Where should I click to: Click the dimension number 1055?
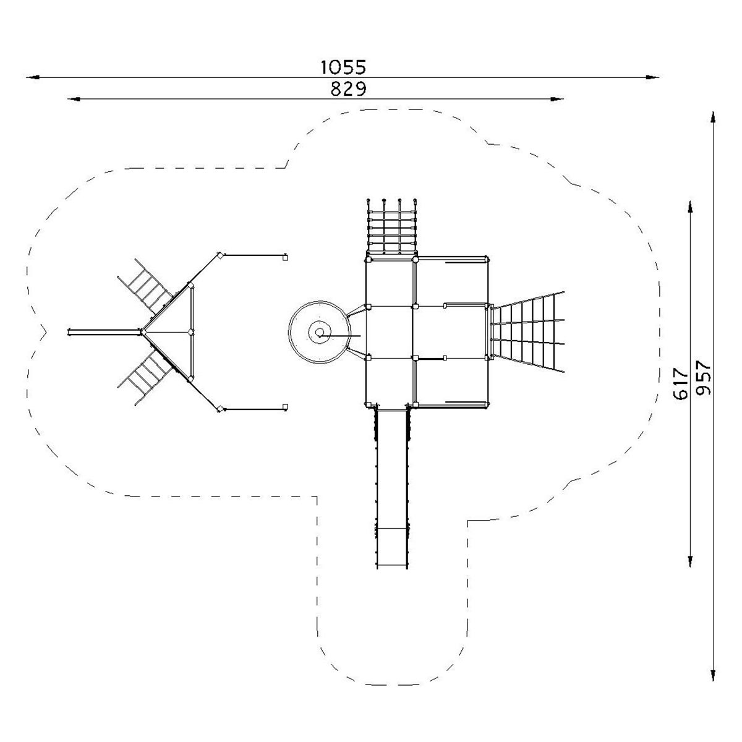343,67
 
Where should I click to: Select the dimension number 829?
348,89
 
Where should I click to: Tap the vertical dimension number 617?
680,383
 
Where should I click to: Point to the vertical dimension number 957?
703,378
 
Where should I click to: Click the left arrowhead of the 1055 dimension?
33,77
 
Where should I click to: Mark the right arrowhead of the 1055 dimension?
652,77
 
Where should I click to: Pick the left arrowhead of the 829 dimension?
74,100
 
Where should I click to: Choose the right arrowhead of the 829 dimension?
557,100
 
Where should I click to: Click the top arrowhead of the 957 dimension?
713,117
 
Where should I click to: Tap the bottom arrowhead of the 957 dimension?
713,675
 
